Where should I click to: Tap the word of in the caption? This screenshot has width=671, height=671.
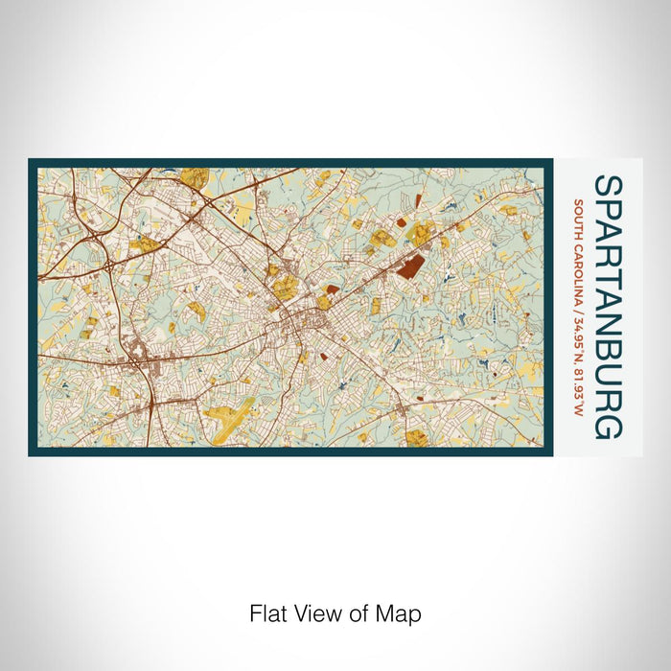[350, 613]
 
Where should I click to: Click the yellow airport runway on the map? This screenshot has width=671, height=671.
[230, 415]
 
